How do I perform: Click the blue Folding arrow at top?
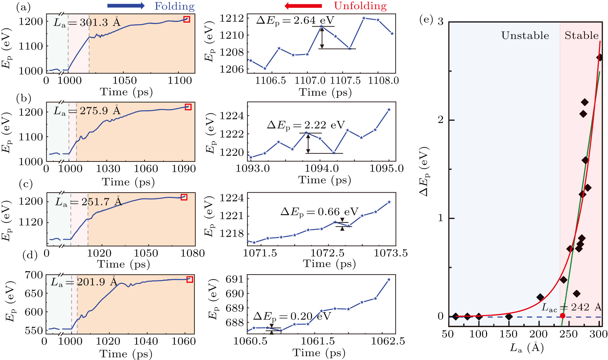126,6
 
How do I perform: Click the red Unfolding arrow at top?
303,6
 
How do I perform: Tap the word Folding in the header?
175,6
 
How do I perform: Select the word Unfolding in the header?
360,6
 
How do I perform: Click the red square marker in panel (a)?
187,19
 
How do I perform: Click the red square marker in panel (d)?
190,279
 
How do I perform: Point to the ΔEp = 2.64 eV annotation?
295,20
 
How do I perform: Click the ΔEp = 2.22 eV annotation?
306,125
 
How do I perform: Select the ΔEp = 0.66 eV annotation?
319,212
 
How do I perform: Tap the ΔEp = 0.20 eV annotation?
292,316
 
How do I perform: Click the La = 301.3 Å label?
87,22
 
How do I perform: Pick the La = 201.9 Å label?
84,282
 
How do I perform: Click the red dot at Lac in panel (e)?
563,316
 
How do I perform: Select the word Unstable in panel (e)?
525,36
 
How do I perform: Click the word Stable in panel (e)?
581,36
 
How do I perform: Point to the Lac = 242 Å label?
571,307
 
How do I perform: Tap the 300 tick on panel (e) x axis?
598,334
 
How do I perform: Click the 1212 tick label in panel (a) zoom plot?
232,18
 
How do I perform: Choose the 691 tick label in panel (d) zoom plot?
235,279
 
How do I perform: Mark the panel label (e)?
426,20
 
